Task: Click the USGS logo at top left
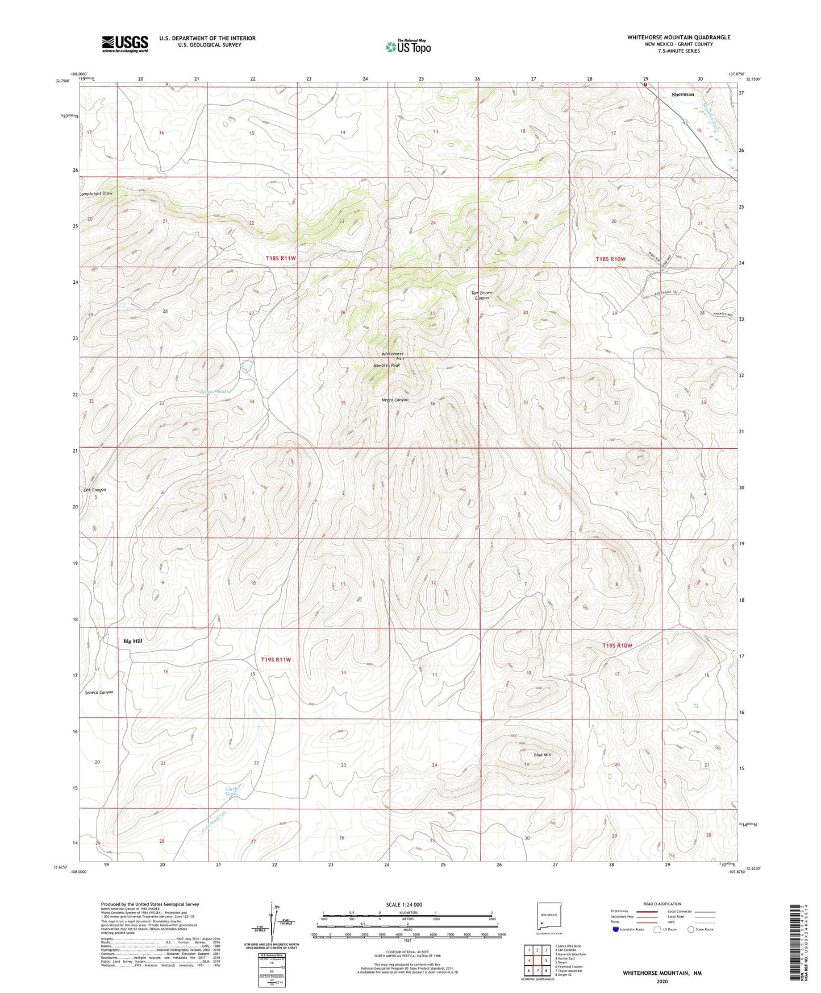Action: (x=124, y=43)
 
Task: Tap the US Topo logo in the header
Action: (x=407, y=47)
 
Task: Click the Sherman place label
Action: (x=682, y=94)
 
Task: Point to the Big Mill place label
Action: (x=132, y=641)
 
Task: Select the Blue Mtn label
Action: (x=543, y=755)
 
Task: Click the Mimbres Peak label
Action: (x=386, y=365)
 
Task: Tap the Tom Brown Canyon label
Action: (x=482, y=295)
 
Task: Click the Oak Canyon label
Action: (x=94, y=490)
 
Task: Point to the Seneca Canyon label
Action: (x=99, y=692)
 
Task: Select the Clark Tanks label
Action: (x=231, y=791)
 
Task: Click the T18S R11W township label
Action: (x=281, y=258)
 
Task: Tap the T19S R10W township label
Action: (x=617, y=646)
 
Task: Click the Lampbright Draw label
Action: (x=96, y=193)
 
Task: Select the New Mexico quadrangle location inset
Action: (x=549, y=920)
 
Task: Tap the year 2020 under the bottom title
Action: (x=661, y=981)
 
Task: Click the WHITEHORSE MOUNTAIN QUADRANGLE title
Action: (x=678, y=37)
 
